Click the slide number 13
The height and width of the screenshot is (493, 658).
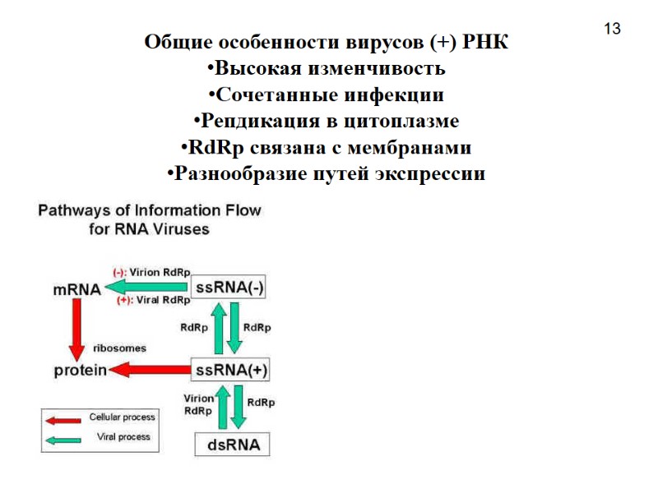click(x=611, y=30)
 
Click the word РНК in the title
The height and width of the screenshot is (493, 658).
click(x=486, y=43)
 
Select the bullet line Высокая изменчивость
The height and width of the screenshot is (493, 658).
click(x=327, y=68)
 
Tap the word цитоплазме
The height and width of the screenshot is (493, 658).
click(x=401, y=122)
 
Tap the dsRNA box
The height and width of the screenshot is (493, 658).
click(x=232, y=445)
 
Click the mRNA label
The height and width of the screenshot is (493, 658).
click(x=76, y=289)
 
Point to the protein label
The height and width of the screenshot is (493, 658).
click(x=80, y=371)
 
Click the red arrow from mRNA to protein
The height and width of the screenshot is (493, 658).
click(x=77, y=329)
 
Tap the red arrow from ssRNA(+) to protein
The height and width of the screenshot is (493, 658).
click(x=148, y=371)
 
